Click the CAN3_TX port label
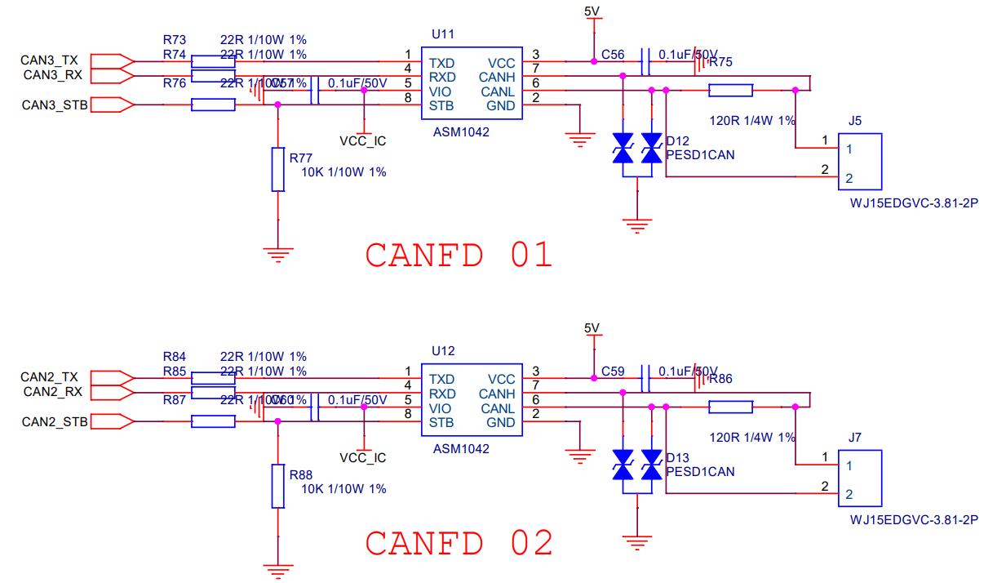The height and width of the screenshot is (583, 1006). (x=50, y=60)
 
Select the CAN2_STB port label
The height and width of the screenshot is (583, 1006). (x=55, y=422)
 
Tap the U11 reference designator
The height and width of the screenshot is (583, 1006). (x=442, y=34)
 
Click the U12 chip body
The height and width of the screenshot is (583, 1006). (x=472, y=401)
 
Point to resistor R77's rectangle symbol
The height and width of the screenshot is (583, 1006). (x=278, y=169)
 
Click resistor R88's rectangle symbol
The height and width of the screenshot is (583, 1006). (x=278, y=486)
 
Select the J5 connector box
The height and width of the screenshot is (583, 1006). (x=861, y=163)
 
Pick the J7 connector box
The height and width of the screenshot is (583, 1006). (x=861, y=480)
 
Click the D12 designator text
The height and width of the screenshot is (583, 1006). (x=677, y=140)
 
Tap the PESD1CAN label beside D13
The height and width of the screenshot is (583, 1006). (x=700, y=471)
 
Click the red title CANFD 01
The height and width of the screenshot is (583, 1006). (x=459, y=255)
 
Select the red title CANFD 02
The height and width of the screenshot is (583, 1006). (x=459, y=543)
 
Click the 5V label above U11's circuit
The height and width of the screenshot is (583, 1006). (x=592, y=11)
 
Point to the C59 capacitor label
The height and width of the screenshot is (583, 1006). (x=613, y=371)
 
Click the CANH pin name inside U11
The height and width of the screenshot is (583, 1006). (x=498, y=77)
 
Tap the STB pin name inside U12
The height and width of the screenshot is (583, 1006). (x=441, y=423)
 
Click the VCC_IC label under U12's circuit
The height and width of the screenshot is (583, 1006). (x=362, y=458)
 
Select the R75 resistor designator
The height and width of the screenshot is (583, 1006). (x=720, y=62)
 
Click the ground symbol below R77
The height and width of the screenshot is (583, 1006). (x=278, y=255)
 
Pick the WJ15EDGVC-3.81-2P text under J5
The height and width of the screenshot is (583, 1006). (x=913, y=202)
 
